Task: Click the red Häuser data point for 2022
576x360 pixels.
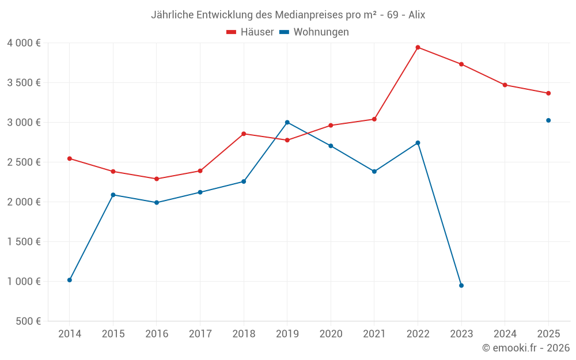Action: point(418,47)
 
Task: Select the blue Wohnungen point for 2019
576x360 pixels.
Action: point(287,122)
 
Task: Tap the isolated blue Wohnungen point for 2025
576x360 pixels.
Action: point(548,120)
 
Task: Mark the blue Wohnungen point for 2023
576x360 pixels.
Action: point(461,286)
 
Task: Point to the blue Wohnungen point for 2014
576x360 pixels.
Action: point(70,280)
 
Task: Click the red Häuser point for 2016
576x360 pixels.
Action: point(157,179)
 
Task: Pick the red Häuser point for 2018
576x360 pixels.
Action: point(244,134)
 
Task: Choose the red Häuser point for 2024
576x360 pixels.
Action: point(505,85)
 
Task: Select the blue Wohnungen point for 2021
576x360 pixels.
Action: point(374,171)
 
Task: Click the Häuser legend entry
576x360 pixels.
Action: point(250,32)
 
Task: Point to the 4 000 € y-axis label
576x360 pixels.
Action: point(24,43)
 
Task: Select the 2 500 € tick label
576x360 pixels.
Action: point(24,162)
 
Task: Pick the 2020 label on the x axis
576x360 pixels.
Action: point(331,334)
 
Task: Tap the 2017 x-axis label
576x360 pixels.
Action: point(200,334)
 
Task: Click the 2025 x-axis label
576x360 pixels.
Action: point(548,334)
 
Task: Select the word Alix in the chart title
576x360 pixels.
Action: point(416,15)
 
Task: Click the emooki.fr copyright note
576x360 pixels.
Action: point(525,348)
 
